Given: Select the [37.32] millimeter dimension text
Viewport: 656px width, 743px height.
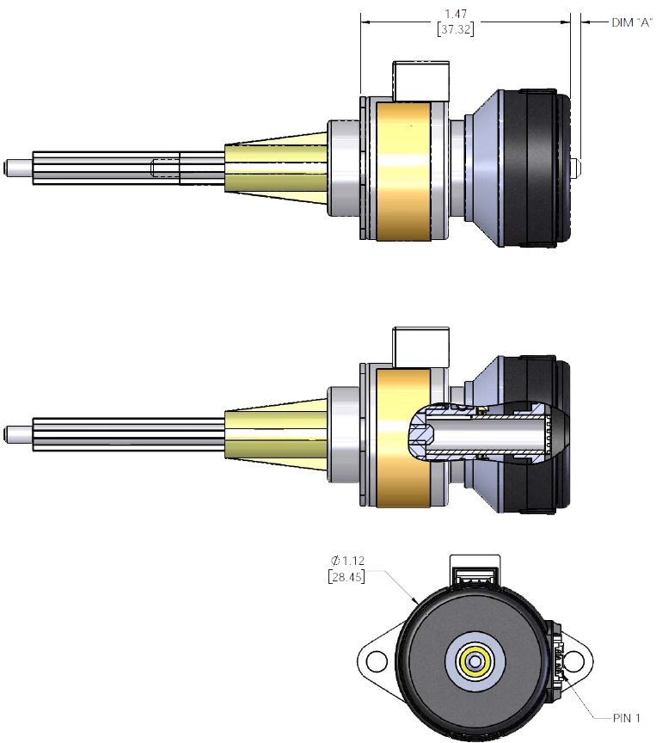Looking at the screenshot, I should click(457, 29).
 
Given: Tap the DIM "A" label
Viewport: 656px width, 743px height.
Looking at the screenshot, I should click(631, 23).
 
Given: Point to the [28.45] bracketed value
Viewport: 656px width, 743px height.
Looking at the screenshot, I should click(347, 577).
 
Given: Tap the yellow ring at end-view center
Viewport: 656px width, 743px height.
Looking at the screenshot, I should click(475, 660).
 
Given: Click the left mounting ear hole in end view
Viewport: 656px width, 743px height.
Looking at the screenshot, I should click(376, 661).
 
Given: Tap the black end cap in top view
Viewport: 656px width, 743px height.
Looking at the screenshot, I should click(533, 167).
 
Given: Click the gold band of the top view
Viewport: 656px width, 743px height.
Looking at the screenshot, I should click(404, 169).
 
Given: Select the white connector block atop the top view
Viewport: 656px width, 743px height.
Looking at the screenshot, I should click(420, 80).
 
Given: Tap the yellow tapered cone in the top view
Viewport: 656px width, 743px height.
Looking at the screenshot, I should click(275, 165).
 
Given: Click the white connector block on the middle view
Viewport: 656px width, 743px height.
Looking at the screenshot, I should click(420, 346).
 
